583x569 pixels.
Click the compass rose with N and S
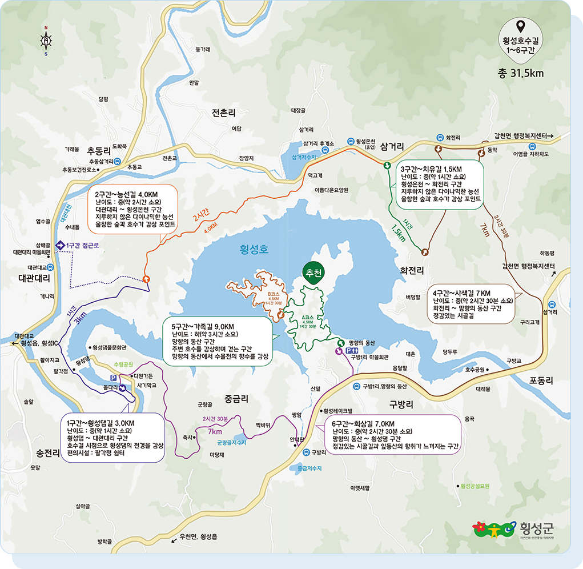tap(46, 41)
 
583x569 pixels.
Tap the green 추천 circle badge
tap(312, 273)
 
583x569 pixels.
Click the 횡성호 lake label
tap(254, 249)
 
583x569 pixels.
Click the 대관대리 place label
tap(34, 279)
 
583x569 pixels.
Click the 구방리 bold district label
tap(401, 404)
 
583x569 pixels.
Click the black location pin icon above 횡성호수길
tap(520, 26)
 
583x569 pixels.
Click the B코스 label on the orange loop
tap(273, 294)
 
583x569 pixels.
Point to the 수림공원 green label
tap(123, 363)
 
